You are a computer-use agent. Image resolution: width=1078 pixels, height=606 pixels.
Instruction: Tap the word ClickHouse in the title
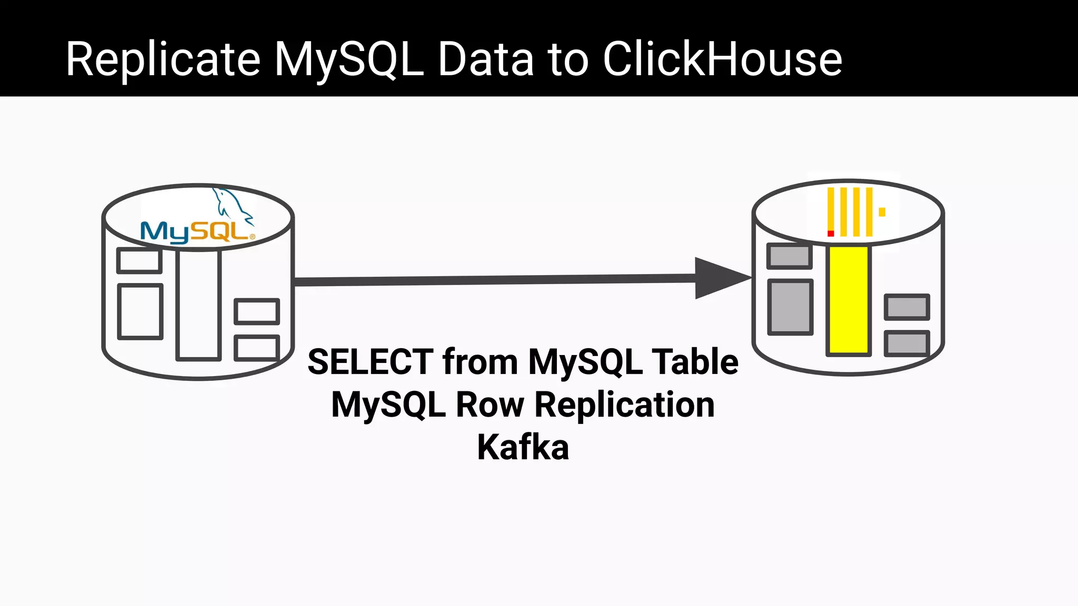722,59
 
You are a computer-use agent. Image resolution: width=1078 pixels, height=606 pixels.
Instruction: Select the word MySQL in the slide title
348,60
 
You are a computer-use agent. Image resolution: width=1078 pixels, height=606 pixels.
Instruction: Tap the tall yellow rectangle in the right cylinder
849,300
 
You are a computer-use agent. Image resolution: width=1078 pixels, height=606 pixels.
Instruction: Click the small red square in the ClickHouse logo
831,233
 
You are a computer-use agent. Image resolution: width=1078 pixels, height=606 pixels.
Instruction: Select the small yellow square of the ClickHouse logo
882,212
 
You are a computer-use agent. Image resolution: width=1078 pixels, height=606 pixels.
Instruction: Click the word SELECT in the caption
371,362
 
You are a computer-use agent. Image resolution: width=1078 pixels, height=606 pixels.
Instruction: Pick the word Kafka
523,447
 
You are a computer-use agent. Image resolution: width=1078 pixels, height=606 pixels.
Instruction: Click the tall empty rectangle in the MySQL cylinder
198,305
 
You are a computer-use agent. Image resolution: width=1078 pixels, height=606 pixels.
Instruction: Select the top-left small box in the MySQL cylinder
139,260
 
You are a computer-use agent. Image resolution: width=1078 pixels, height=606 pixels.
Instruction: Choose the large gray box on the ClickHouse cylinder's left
790,307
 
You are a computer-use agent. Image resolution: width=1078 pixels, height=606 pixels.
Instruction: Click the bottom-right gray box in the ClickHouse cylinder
906,343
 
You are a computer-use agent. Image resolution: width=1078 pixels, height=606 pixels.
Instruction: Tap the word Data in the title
485,59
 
